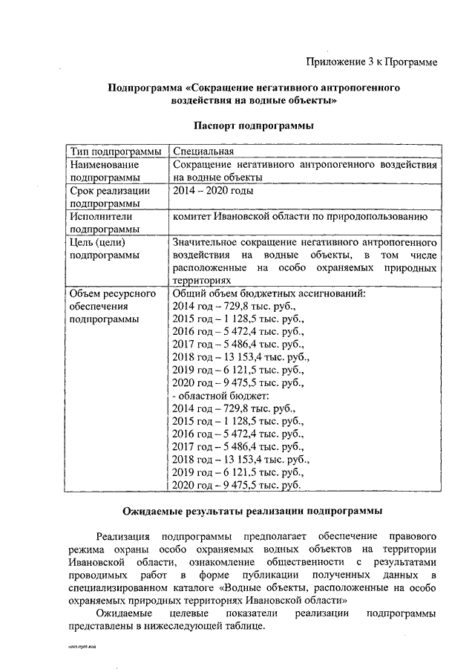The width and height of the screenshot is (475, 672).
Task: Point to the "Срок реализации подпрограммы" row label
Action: (110, 197)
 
